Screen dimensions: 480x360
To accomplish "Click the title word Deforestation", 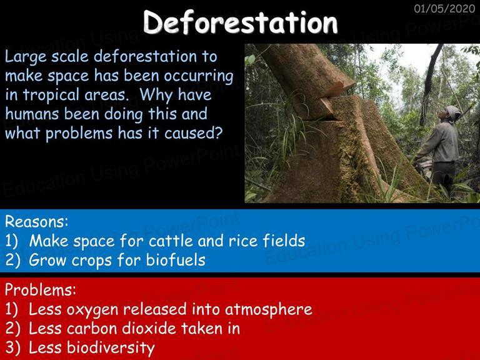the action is tap(240, 22).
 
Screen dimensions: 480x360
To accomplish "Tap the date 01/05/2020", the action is tap(444, 9).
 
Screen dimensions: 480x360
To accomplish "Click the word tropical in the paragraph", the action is tap(51, 95).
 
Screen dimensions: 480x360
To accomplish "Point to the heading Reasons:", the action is tap(36, 221).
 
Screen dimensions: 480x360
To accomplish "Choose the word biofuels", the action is tap(176, 259).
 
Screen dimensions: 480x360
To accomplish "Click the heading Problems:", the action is tap(41, 289).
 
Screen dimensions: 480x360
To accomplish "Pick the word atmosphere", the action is tap(269, 309).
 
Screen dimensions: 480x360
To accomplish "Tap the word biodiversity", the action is tap(111, 347).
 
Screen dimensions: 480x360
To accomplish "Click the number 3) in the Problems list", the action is tap(12, 347).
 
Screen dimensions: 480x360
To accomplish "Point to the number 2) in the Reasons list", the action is tap(12, 260).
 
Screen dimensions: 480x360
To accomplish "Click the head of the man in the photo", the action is tap(450, 113).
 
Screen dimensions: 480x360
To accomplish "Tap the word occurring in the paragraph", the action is tap(198, 76).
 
